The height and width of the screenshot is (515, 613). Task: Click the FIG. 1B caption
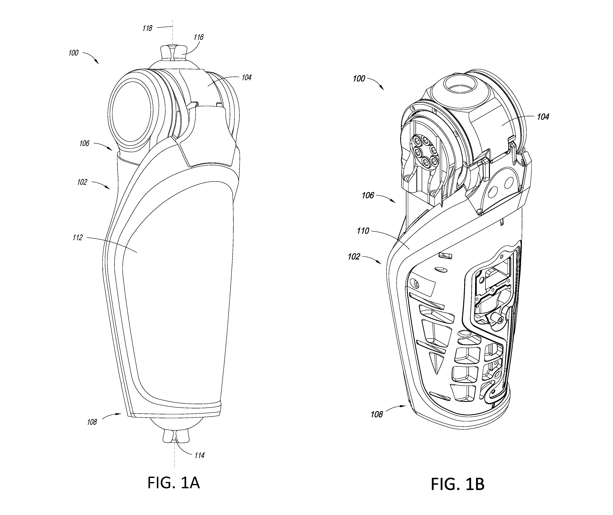coord(458,484)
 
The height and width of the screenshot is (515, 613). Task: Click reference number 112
coord(78,238)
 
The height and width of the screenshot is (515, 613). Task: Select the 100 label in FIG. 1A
coord(73,53)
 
